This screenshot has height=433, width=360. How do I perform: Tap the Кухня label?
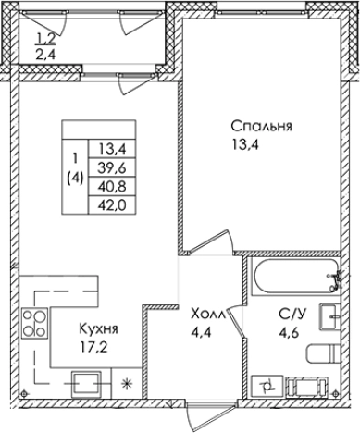pos(97,330)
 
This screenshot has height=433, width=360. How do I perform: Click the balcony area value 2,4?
pos(45,55)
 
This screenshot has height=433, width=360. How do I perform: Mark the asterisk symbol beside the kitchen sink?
pos(127,383)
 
